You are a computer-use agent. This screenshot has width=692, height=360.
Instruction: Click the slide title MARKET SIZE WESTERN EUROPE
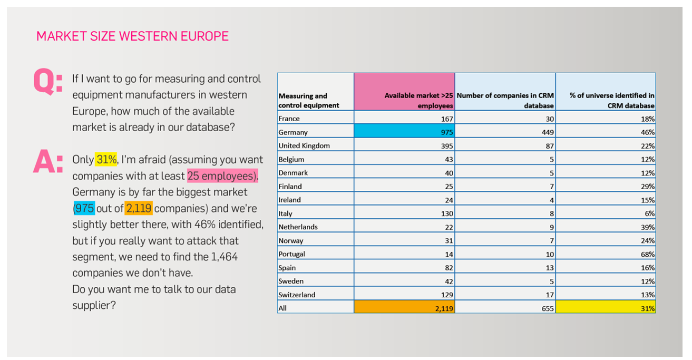(x=132, y=36)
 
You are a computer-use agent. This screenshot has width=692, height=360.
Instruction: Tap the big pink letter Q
(x=44, y=81)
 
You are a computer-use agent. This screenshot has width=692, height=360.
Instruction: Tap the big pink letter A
(x=44, y=161)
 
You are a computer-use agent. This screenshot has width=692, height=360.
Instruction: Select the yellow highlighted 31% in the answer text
(x=106, y=160)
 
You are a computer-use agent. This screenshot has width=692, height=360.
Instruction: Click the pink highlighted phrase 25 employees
(x=222, y=176)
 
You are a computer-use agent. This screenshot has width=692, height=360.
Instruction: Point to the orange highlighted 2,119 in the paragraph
(x=139, y=208)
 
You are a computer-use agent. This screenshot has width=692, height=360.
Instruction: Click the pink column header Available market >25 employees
(x=404, y=92)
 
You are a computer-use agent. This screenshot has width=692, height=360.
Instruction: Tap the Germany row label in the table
(x=293, y=132)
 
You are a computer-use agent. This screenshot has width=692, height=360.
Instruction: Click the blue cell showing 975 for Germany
(x=404, y=131)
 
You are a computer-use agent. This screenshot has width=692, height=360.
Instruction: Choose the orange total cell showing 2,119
(x=404, y=307)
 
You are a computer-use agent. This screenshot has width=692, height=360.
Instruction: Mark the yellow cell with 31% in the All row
(x=606, y=307)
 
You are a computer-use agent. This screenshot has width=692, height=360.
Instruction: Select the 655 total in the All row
(x=548, y=308)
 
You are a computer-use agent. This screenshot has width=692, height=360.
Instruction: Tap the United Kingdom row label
(x=304, y=145)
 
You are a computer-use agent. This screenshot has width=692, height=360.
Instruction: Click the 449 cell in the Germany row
(x=548, y=132)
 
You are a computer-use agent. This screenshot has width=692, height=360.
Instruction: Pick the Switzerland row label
(x=297, y=295)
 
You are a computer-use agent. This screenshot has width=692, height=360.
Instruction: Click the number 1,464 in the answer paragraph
(x=225, y=257)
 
